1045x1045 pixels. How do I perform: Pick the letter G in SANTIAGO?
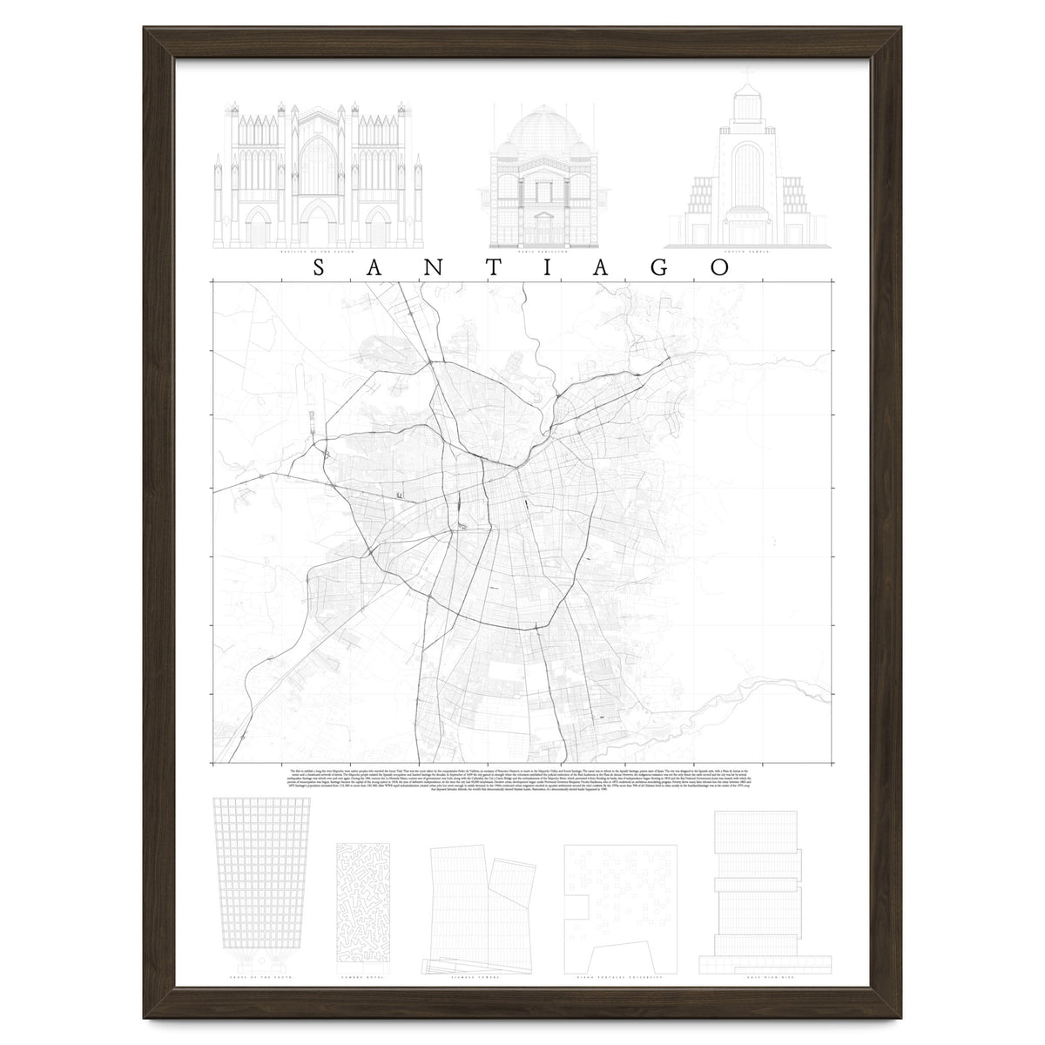(660, 268)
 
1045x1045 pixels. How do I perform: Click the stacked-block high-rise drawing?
(752, 884)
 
